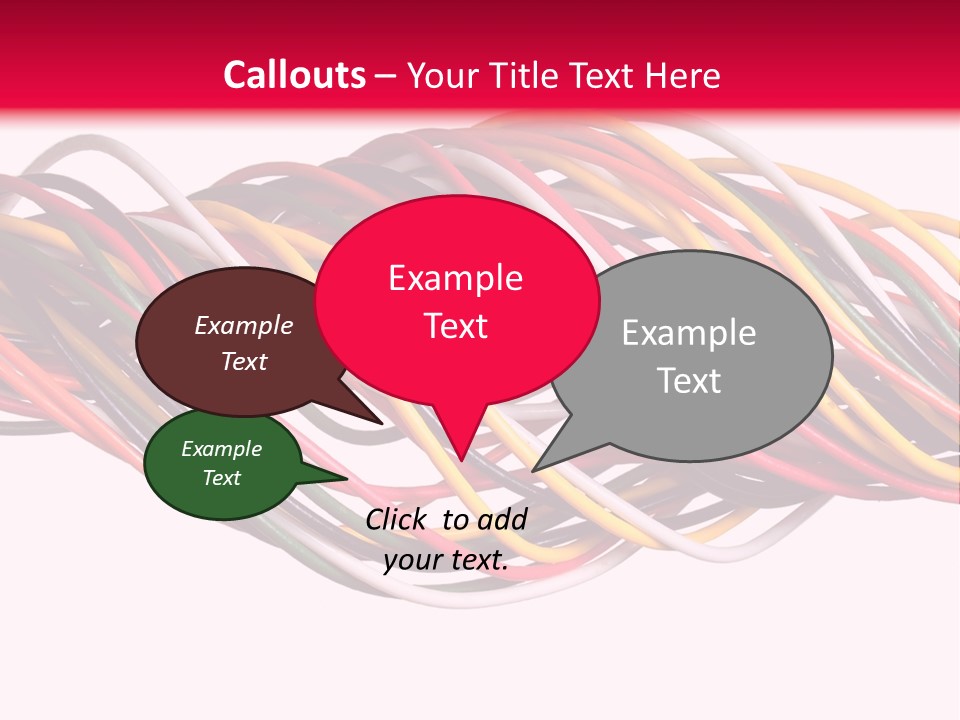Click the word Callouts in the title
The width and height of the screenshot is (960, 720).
(x=294, y=75)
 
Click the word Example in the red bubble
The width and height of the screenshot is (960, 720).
(x=455, y=278)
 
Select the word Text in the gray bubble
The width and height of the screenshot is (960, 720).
(x=689, y=381)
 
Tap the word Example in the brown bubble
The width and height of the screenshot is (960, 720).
(x=243, y=325)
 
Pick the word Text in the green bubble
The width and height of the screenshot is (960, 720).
(x=221, y=478)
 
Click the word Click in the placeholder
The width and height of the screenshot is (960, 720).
(x=397, y=519)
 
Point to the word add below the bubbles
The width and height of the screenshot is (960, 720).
(x=501, y=519)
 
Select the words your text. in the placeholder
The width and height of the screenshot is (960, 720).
(x=445, y=560)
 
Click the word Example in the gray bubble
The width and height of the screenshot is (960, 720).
(x=689, y=333)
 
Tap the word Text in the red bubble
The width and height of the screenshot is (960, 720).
(x=455, y=326)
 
